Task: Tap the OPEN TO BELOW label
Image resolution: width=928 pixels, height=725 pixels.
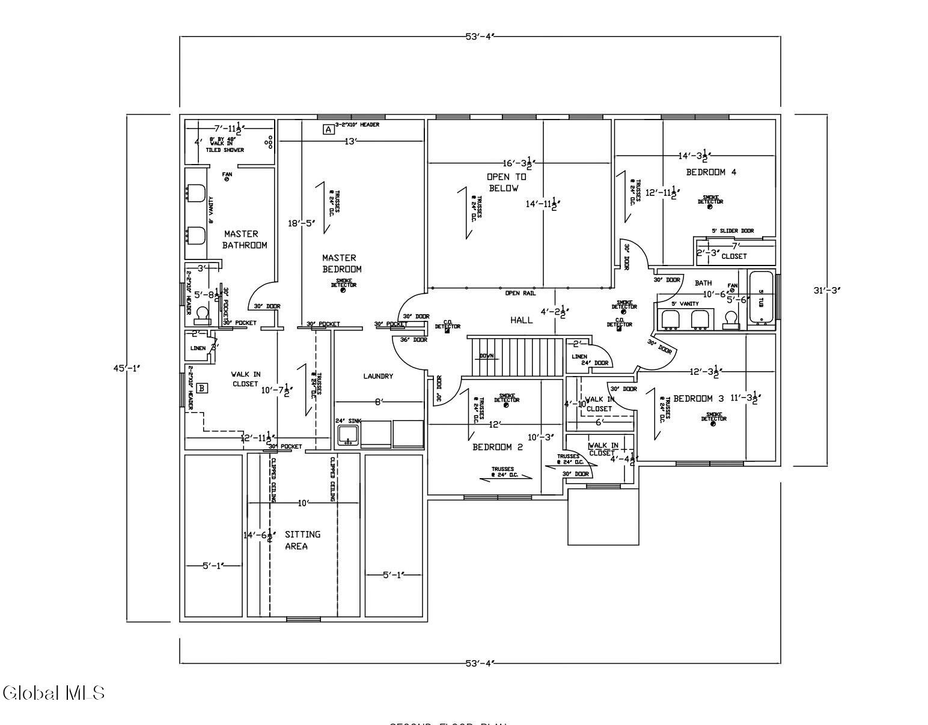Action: pyautogui.click(x=505, y=183)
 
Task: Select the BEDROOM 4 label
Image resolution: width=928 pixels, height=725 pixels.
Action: pyautogui.click(x=711, y=172)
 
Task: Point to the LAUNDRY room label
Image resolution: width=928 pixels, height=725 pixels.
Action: pyautogui.click(x=378, y=376)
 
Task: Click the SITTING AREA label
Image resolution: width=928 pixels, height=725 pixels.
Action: pyautogui.click(x=302, y=540)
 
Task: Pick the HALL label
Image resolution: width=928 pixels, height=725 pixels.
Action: pyautogui.click(x=521, y=320)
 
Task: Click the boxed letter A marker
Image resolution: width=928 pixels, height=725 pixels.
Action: pyautogui.click(x=328, y=129)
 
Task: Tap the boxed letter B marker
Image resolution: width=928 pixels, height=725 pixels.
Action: pyautogui.click(x=202, y=388)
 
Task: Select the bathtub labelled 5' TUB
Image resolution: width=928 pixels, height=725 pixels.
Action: pyautogui.click(x=761, y=299)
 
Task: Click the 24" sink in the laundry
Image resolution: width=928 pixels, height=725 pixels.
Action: pyautogui.click(x=347, y=434)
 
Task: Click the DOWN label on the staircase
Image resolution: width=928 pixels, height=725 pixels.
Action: pyautogui.click(x=486, y=356)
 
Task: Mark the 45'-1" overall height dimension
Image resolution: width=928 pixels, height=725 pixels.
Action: pyautogui.click(x=127, y=368)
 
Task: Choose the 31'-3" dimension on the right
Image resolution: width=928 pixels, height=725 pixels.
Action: pyautogui.click(x=826, y=290)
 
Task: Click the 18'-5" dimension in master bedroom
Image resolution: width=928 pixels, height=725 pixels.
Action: pyautogui.click(x=301, y=223)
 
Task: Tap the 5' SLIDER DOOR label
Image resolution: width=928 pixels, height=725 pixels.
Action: pyautogui.click(x=732, y=231)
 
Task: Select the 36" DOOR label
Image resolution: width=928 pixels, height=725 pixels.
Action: pyautogui.click(x=414, y=340)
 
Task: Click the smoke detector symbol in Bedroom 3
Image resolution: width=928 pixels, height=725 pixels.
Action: pyautogui.click(x=713, y=423)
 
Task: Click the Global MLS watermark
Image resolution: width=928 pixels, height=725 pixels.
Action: pyautogui.click(x=54, y=693)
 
